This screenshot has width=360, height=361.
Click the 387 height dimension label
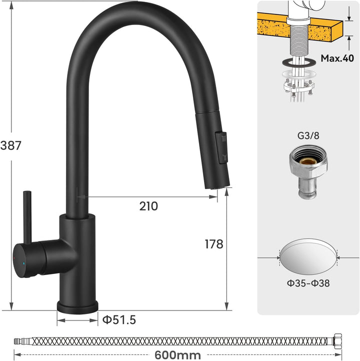tap(11, 145)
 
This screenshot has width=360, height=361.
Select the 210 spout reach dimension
tap(148, 205)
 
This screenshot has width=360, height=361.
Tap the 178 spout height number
tap(214, 244)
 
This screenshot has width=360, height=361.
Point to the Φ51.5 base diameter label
tap(119, 319)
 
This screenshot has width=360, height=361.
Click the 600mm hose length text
tap(177, 355)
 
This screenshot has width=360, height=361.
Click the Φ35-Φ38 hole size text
tap(308, 283)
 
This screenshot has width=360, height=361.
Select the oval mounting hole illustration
tap(308, 258)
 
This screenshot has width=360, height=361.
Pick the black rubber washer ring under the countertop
tap(299, 62)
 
